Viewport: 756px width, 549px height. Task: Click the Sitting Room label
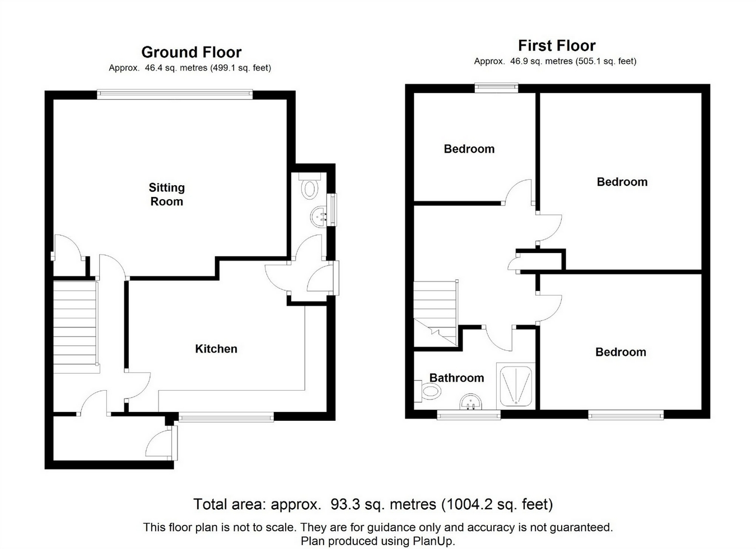[x=167, y=194]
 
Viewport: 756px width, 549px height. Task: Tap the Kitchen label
[x=216, y=349]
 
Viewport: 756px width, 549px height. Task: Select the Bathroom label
[x=456, y=378]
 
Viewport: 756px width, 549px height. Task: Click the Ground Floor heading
[x=192, y=52]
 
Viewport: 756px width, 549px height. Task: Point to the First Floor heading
[x=557, y=45]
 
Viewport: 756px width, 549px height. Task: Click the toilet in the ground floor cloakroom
[x=310, y=186]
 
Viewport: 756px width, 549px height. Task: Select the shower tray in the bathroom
[x=516, y=386]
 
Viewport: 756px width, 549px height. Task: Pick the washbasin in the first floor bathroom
[x=470, y=401]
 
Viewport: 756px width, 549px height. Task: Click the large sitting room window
[x=175, y=94]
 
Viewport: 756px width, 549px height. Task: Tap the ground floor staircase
[x=76, y=327]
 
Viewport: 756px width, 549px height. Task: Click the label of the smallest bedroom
[x=469, y=149]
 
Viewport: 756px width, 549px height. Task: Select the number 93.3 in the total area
[x=342, y=504]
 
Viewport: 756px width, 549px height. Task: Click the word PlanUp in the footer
[x=433, y=541]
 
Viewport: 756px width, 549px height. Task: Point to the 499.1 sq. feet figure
[x=241, y=68]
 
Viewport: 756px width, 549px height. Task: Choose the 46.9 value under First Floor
[x=518, y=62]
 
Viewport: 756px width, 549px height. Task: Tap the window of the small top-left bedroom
[x=497, y=88]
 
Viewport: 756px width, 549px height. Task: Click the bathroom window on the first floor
[x=469, y=415]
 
